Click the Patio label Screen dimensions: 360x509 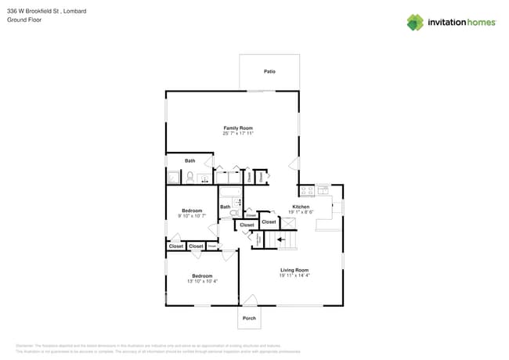coord(269,71)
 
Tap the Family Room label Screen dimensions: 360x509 coord(238,128)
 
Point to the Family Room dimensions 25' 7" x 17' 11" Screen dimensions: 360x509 coord(238,134)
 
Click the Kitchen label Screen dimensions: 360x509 coord(301,207)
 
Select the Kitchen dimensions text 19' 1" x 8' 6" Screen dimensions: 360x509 coord(301,212)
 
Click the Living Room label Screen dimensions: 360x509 coord(294,270)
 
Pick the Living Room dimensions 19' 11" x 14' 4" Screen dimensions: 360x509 coord(294,275)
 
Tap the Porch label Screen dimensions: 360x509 coord(249,318)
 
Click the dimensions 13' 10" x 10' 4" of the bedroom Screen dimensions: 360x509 coord(202,281)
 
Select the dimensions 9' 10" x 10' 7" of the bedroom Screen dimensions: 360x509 coord(192,216)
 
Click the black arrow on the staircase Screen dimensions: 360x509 coord(281,240)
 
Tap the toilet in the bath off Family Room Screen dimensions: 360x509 coord(190,178)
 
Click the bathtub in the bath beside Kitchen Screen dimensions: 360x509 coord(231,192)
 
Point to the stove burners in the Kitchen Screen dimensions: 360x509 coord(306,190)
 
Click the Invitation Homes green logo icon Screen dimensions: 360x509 coord(415,22)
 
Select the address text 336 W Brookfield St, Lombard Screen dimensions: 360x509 coord(46,11)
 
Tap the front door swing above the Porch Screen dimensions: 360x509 coord(249,300)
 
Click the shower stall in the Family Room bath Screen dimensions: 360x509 coord(173,178)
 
